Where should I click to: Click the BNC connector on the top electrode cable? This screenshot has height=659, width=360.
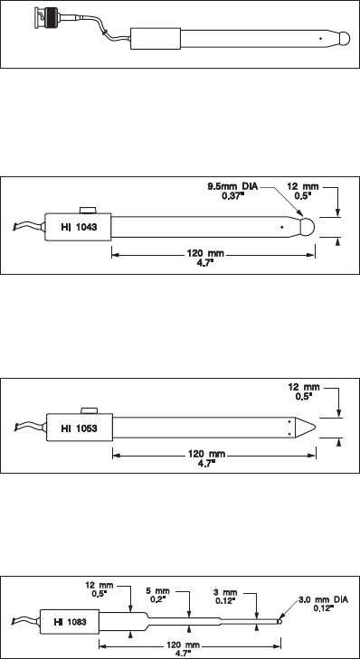pos(46,18)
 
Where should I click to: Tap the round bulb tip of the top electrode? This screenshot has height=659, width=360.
pos(344,39)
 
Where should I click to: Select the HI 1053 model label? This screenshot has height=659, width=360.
pos(79,428)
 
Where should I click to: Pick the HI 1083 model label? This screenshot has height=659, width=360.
pos(71,622)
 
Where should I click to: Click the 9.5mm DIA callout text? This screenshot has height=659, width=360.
pos(232,185)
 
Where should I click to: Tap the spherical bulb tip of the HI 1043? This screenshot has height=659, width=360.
pos(308,228)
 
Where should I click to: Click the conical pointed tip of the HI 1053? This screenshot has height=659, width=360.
pos(306,428)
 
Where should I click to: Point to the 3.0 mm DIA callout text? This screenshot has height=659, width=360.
pos(324,600)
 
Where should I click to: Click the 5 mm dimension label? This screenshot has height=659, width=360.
pos(157,591)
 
